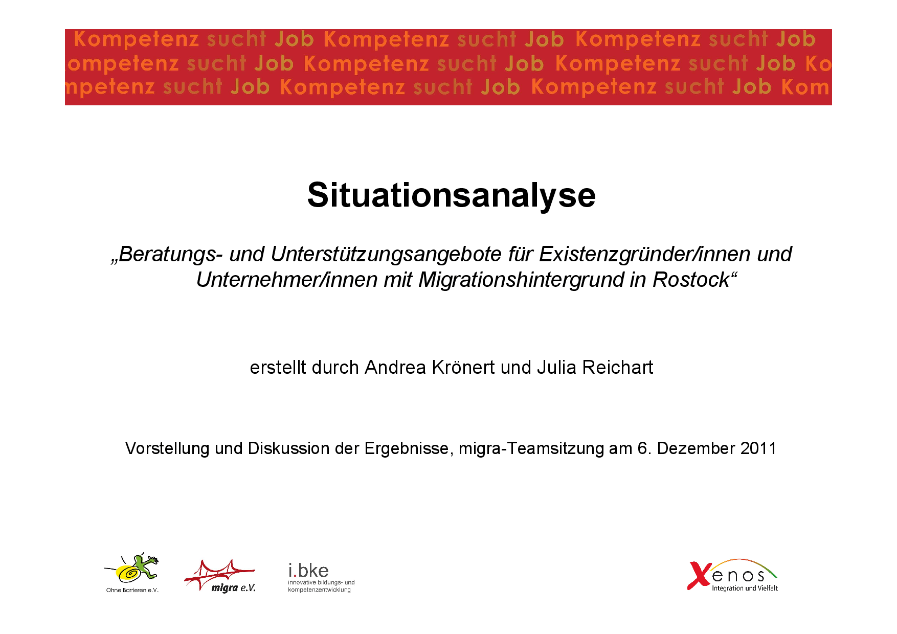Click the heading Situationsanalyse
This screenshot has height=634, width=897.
(x=451, y=195)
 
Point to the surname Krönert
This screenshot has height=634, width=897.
(x=463, y=368)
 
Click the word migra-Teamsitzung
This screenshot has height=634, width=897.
(x=531, y=448)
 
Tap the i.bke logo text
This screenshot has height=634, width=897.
(x=308, y=571)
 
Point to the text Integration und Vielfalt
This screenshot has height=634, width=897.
(x=745, y=588)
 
